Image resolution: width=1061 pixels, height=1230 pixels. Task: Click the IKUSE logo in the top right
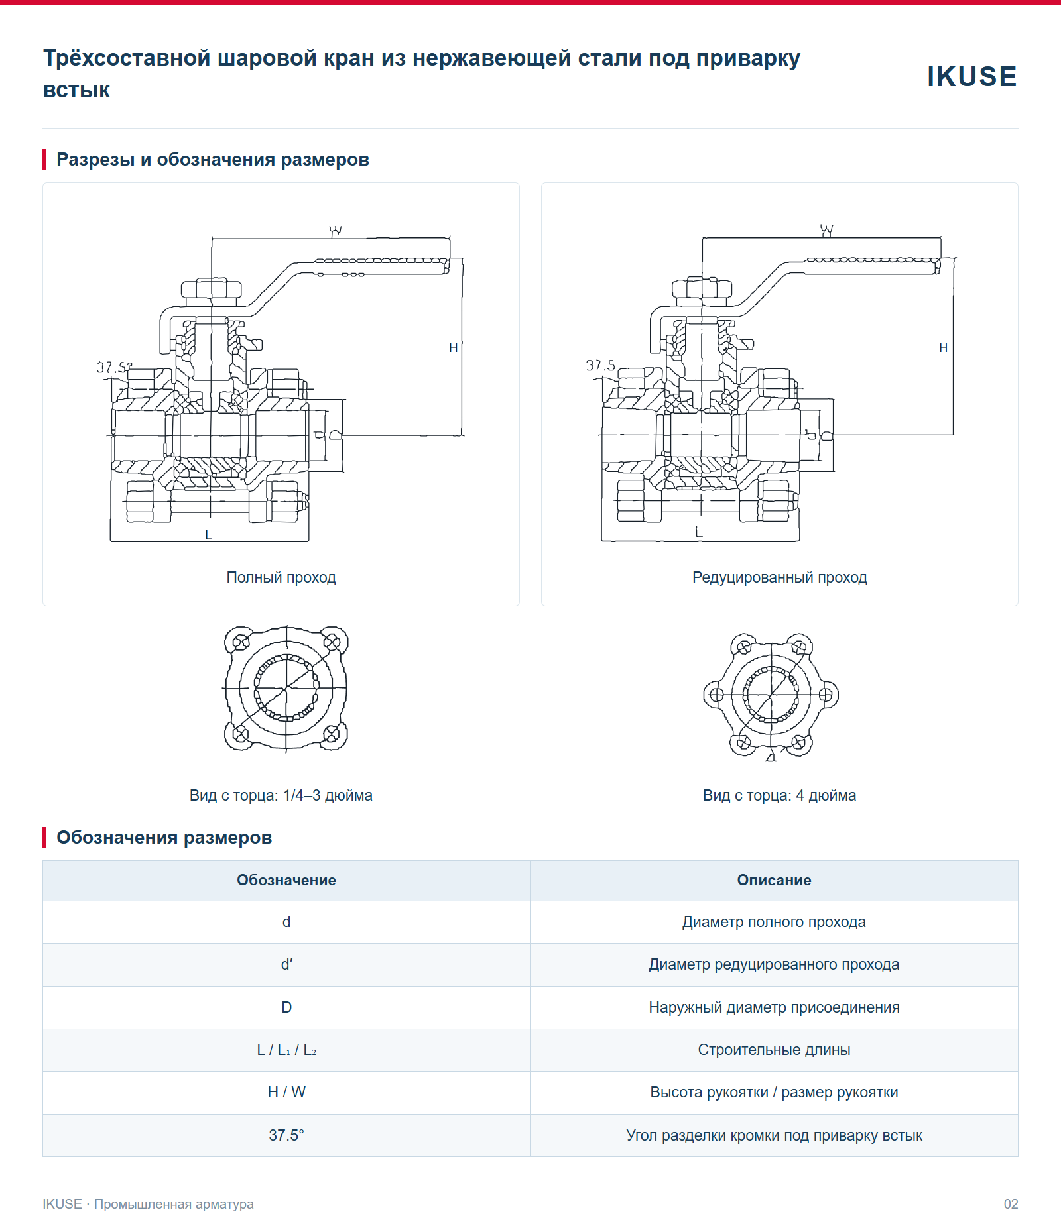(x=971, y=76)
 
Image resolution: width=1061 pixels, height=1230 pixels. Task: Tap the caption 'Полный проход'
(x=281, y=577)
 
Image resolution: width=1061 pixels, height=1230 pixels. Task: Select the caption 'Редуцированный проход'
(x=780, y=577)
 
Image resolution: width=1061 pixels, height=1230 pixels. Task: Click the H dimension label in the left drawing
(x=454, y=347)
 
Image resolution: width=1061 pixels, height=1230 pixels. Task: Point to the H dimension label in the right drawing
(x=944, y=347)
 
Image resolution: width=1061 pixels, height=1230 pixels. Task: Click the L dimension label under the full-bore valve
(x=208, y=535)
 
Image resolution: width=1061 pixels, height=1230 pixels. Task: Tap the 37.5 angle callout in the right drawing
(x=601, y=365)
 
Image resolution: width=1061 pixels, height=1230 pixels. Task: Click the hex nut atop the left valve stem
(x=211, y=289)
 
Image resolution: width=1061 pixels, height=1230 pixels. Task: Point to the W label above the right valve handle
(x=826, y=231)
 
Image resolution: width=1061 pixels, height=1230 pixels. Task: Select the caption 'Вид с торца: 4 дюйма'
(x=780, y=795)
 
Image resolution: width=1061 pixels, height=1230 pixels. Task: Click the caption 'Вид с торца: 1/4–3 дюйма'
(x=281, y=795)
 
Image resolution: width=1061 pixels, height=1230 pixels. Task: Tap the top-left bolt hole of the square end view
(x=241, y=642)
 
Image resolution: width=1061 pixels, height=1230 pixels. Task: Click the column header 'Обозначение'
(x=286, y=880)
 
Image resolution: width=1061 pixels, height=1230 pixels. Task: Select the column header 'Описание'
(x=775, y=880)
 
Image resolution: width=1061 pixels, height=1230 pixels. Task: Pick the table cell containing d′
(x=286, y=965)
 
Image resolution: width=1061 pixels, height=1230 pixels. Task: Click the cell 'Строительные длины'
(x=775, y=1050)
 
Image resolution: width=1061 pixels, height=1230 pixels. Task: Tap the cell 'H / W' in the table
(x=286, y=1092)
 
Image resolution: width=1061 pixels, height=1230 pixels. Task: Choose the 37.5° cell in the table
(x=286, y=1135)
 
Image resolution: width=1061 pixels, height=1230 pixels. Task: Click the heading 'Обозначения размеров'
(x=164, y=838)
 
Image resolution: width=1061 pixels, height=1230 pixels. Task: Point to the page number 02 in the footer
(x=1011, y=1204)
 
